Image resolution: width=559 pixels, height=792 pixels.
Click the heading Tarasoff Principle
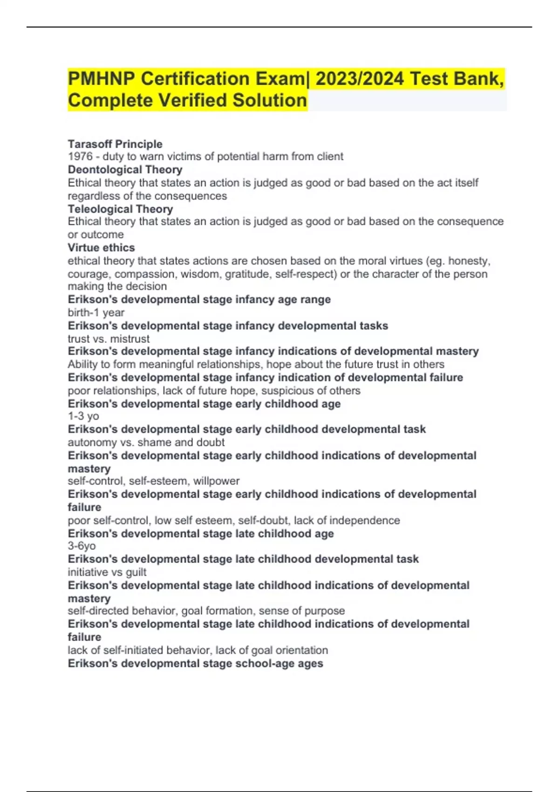click(115, 144)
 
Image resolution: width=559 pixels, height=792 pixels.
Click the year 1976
click(80, 157)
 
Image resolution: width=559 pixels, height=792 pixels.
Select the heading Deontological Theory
click(125, 170)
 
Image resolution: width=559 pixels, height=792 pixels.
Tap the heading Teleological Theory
click(120, 209)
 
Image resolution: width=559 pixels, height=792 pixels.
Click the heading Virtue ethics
click(101, 247)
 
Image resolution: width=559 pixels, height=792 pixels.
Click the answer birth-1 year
click(96, 313)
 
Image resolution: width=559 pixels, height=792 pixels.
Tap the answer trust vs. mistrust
click(109, 339)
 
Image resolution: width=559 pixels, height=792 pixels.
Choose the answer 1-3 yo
click(83, 416)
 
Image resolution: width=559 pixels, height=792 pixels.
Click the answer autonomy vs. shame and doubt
click(146, 442)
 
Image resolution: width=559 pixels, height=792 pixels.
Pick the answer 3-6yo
click(82, 546)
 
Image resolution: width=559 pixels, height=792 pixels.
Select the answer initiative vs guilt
click(107, 572)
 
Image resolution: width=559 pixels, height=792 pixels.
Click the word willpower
click(216, 481)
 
